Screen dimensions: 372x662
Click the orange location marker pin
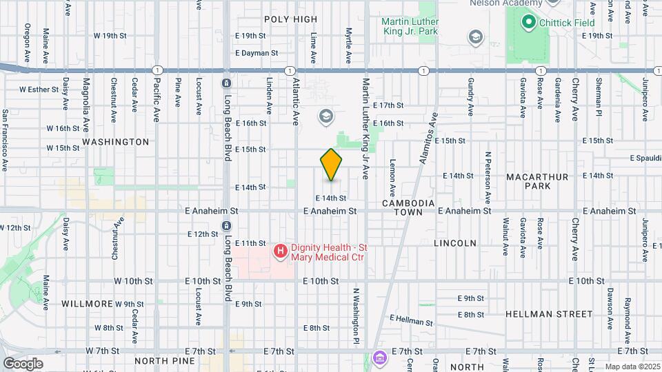pos(331,165)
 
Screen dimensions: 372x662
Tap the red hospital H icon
pos(280,251)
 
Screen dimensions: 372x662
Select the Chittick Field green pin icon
pos(529,23)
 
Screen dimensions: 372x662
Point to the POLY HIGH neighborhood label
pos(290,19)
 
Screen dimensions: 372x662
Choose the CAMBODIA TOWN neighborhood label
pos(409,208)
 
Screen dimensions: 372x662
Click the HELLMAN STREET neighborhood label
pos(548,314)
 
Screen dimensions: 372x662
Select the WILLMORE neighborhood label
pos(87,304)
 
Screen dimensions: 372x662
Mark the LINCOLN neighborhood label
pos(455,243)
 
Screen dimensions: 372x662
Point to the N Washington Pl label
pos(357,316)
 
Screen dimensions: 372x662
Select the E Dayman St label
pos(256,53)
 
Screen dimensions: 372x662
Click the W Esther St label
pos(40,89)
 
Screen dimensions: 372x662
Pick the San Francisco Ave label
pos(5,140)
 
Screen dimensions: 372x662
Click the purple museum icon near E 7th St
pos(379,358)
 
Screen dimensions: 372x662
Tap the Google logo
pos(23,363)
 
